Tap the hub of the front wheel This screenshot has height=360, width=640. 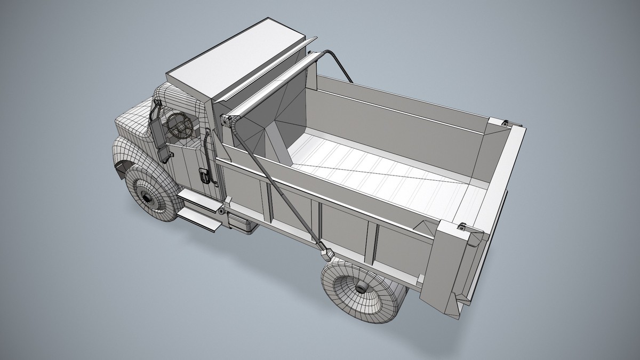(147, 197)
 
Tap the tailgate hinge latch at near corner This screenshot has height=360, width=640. (462, 227)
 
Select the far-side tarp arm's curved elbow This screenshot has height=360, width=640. (333, 57)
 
